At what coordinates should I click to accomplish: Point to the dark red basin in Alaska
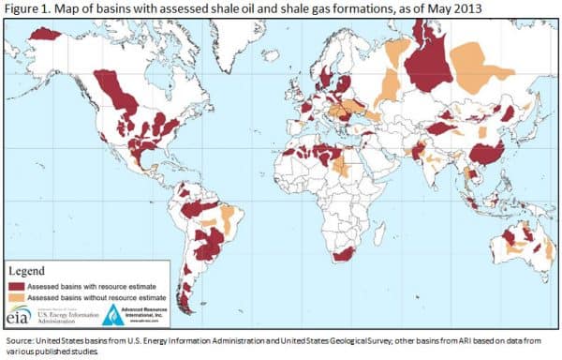point(44,34)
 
